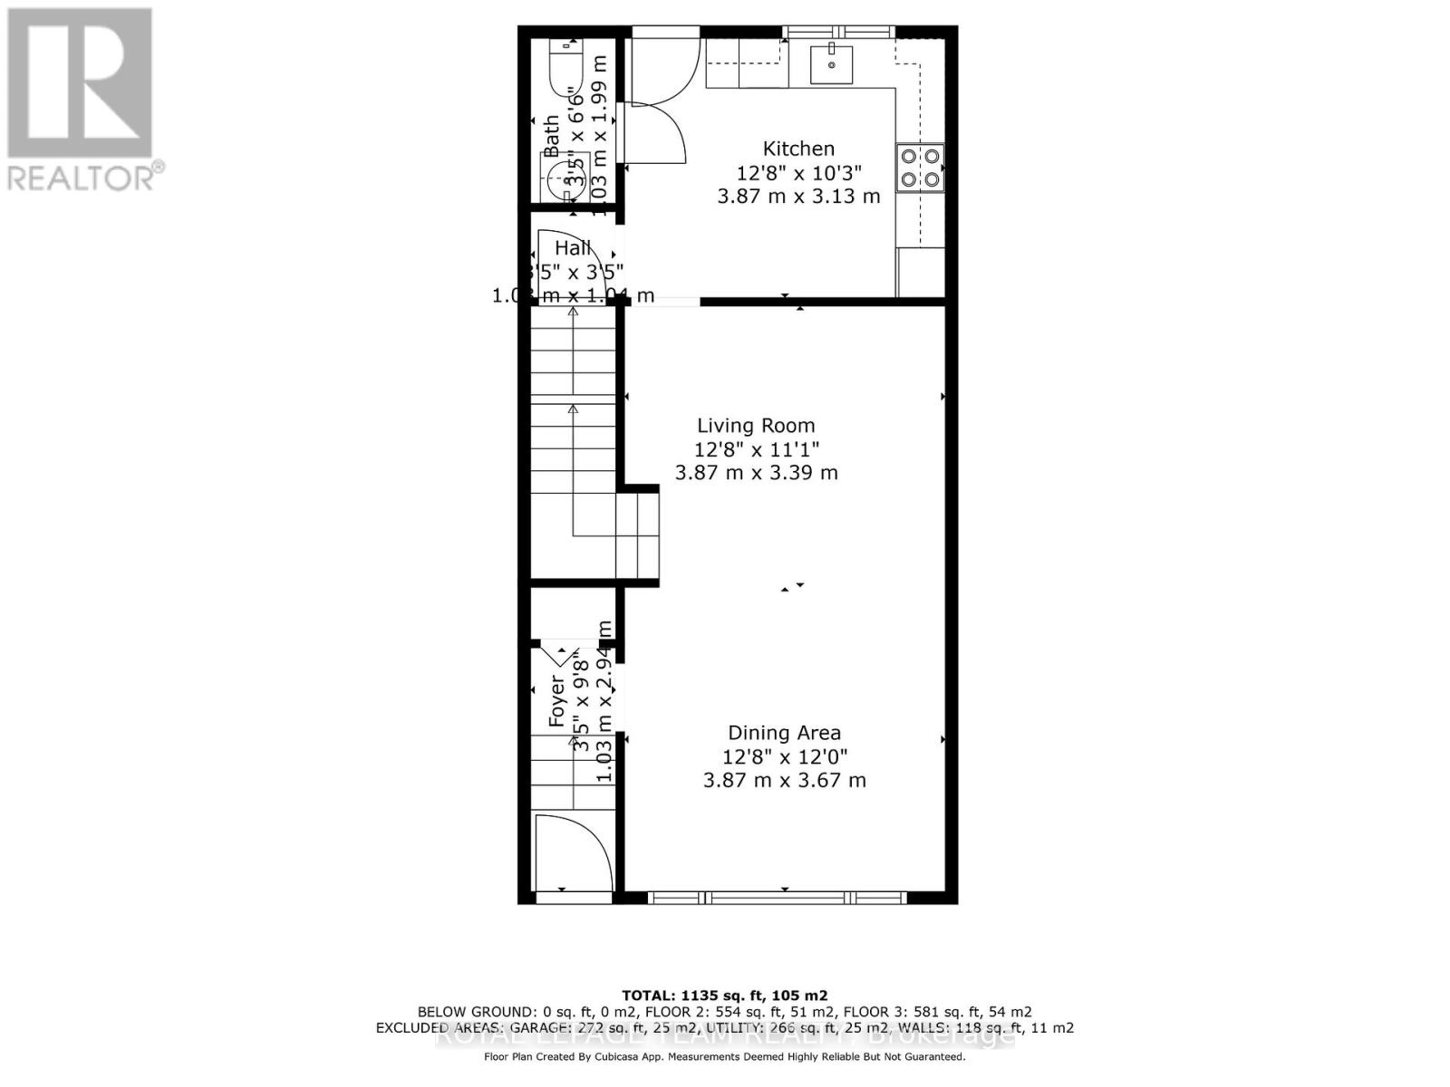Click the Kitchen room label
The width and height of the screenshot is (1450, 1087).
tap(798, 149)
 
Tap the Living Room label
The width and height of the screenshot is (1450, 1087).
tap(756, 426)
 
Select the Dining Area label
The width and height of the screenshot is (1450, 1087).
tap(784, 733)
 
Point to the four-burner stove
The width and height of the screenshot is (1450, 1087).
tap(920, 168)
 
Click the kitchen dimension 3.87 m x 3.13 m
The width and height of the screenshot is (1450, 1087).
tap(798, 197)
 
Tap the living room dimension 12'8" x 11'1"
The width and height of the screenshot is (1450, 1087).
tap(757, 449)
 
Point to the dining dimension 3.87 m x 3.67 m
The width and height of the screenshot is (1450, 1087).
tap(784, 780)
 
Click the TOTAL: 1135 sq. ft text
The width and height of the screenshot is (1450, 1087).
tap(724, 995)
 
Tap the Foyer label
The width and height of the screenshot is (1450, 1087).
tap(556, 703)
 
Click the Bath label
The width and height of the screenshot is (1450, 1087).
tap(551, 136)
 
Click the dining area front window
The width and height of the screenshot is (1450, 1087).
tap(778, 898)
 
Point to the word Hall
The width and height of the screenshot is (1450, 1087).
tap(573, 248)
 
